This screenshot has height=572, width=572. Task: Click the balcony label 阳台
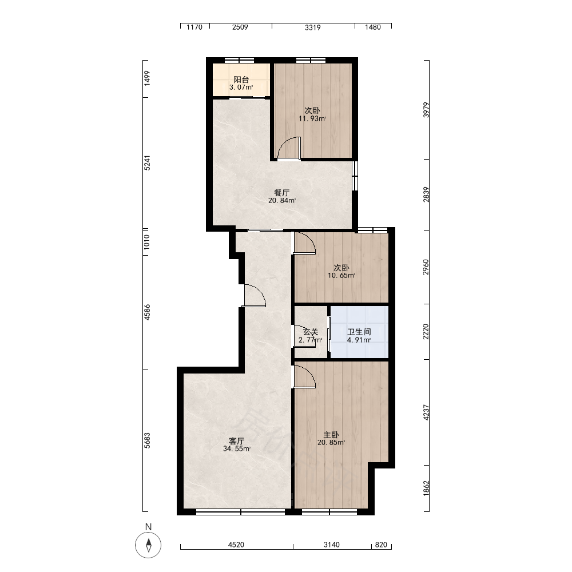pyautogui.click(x=241, y=80)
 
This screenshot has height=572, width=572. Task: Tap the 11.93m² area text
pyautogui.click(x=312, y=118)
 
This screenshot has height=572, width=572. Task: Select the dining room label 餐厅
pyautogui.click(x=282, y=193)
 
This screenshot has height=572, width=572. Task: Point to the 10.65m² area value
pyautogui.click(x=341, y=276)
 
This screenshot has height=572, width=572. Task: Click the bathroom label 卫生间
pyautogui.click(x=359, y=332)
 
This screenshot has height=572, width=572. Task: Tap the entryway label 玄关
pyautogui.click(x=311, y=332)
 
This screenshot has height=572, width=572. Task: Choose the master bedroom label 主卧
pyautogui.click(x=331, y=435)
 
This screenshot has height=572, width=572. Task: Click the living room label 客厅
pyautogui.click(x=237, y=441)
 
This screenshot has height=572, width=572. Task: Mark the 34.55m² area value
pyautogui.click(x=237, y=448)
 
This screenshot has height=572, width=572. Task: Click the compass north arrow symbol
pyautogui.click(x=148, y=545)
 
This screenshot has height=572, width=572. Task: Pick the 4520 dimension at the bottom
pyautogui.click(x=236, y=545)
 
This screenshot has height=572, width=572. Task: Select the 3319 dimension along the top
pyautogui.click(x=313, y=27)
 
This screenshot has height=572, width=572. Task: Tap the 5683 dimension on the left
pyautogui.click(x=146, y=440)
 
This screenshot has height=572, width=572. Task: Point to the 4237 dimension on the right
pyautogui.click(x=426, y=412)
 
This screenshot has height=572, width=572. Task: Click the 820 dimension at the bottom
pyautogui.click(x=381, y=545)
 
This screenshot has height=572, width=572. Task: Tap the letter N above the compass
pyautogui.click(x=148, y=527)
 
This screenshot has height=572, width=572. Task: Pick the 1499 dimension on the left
pyautogui.click(x=146, y=78)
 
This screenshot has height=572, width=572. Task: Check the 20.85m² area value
pyautogui.click(x=331, y=443)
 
